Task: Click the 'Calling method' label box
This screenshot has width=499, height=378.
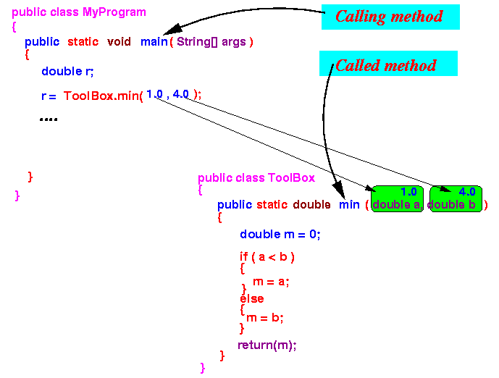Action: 390,17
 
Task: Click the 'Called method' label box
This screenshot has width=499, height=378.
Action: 388,65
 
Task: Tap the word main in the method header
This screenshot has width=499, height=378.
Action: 154,42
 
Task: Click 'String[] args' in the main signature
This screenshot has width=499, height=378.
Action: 211,42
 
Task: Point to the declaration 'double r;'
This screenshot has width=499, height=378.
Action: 67,71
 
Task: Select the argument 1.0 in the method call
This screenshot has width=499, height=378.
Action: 154,94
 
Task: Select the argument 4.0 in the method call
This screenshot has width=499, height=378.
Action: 181,94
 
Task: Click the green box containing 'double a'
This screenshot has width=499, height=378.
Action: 397,199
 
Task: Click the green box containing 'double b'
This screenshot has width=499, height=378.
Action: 456,199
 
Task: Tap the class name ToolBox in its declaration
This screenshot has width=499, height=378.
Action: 291,177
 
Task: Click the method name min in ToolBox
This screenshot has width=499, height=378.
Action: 349,205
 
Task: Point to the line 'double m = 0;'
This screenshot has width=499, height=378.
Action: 280,235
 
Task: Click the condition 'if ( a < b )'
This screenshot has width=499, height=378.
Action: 267,256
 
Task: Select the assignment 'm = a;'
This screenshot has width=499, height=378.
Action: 271,282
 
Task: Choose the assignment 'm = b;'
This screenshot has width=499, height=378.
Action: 265,317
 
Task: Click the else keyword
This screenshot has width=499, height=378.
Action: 252,298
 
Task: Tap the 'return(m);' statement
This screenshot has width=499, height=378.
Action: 267,345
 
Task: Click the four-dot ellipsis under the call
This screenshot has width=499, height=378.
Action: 49,118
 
